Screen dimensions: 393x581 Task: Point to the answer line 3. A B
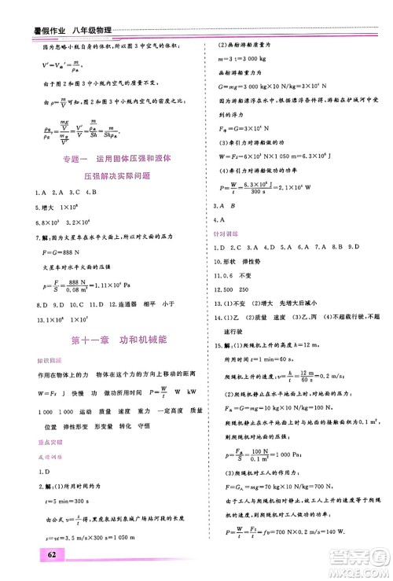coord(223,207)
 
